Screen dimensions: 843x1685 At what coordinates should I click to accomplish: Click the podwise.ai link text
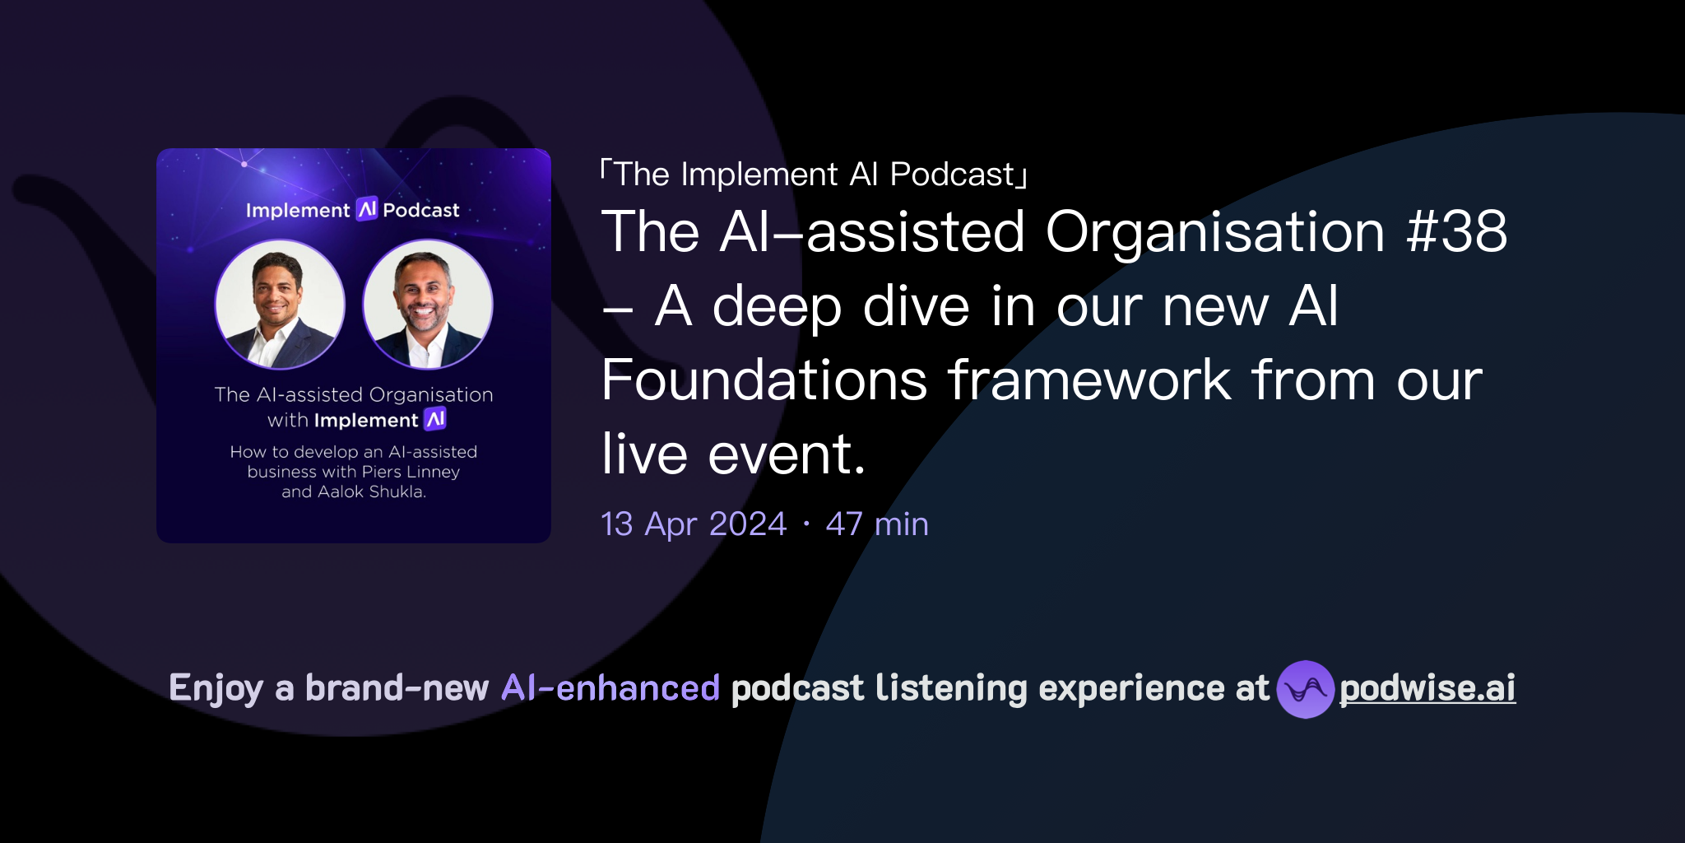pos(1427,688)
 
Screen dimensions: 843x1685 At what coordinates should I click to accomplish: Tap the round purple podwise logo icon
pos(1305,689)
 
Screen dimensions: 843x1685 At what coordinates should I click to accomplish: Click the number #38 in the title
pos(1456,232)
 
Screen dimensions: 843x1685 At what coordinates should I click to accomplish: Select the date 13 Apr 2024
pos(694,524)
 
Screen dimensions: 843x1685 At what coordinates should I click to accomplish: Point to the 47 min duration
pos(877,524)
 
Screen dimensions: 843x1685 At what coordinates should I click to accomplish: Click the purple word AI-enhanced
pos(610,688)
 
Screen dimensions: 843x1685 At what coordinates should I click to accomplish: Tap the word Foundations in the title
pos(764,380)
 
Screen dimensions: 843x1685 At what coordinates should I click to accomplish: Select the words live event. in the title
pos(733,454)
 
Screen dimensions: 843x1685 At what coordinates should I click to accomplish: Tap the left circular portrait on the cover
pos(280,305)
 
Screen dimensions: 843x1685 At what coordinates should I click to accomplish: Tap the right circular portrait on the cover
pos(428,305)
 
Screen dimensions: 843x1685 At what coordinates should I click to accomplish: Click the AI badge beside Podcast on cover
pos(367,209)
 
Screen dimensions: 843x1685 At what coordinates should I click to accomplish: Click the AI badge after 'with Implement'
pos(435,419)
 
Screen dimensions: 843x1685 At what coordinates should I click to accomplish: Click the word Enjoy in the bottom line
pos(216,688)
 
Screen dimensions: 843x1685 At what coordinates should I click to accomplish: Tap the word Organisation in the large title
pos(1214,232)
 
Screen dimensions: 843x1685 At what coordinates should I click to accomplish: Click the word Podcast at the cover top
pos(420,210)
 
